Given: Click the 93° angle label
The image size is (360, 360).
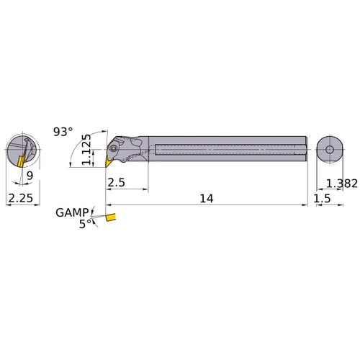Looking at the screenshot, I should pyautogui.click(x=63, y=132).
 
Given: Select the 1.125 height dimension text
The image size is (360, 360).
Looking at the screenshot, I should pyautogui.click(x=87, y=149).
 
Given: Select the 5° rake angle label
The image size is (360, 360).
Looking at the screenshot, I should pyautogui.click(x=86, y=224).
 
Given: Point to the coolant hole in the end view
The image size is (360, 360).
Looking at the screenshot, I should pyautogui.click(x=329, y=150).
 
